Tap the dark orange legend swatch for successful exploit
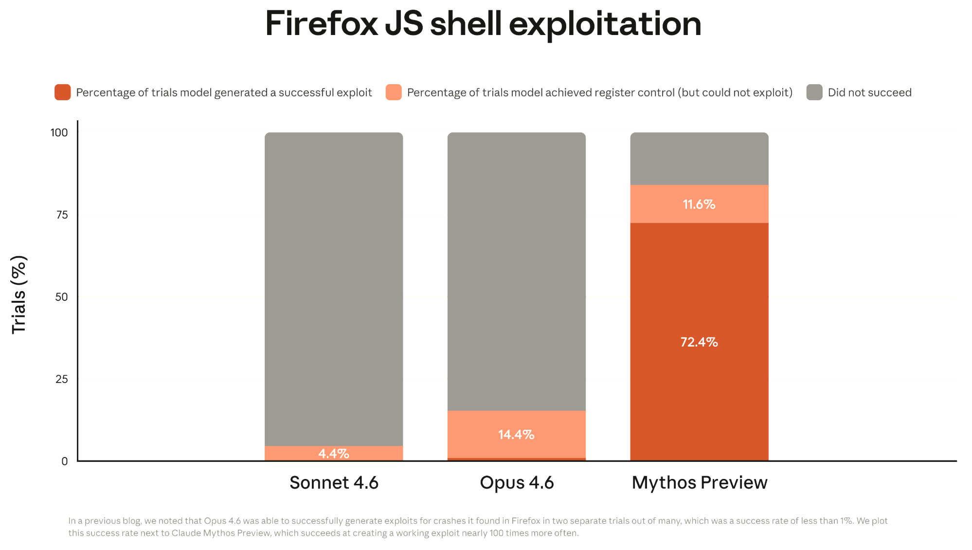point(63,92)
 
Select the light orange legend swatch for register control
point(394,92)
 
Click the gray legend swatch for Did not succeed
point(814,92)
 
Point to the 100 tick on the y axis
point(59,132)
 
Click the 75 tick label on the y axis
point(62,215)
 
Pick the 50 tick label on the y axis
point(62,297)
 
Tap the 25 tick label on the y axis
point(62,379)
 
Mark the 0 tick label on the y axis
point(65,461)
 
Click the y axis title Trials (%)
point(19,294)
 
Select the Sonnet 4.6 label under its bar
point(334,483)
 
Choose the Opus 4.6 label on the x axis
point(517,483)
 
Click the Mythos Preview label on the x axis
point(699,483)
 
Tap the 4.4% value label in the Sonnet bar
point(334,454)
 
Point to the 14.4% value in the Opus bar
point(516,435)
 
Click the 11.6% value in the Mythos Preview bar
point(699,204)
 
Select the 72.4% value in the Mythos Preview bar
point(699,342)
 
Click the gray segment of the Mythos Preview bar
point(699,158)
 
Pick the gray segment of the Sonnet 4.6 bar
point(334,287)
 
